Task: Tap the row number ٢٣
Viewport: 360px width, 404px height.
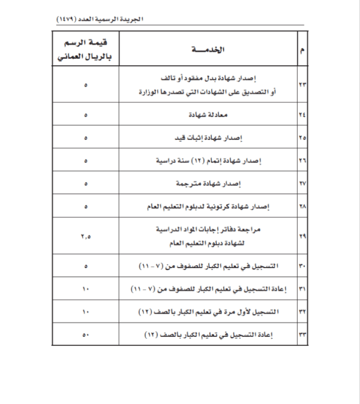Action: pyautogui.click(x=301, y=86)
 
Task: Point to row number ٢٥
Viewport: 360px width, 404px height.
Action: pyautogui.click(x=301, y=138)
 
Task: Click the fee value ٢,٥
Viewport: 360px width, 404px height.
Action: pyautogui.click(x=85, y=237)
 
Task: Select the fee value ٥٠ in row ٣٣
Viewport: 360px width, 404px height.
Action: pyautogui.click(x=85, y=335)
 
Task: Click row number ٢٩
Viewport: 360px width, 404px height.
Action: pyautogui.click(x=301, y=237)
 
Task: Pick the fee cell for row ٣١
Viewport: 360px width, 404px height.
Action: pyautogui.click(x=85, y=289)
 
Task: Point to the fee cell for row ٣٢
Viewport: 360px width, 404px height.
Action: pyautogui.click(x=85, y=312)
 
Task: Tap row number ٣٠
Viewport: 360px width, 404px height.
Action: pyautogui.click(x=301, y=266)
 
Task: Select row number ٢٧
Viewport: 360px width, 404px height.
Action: pyautogui.click(x=301, y=184)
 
